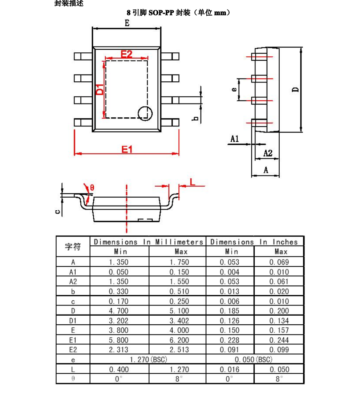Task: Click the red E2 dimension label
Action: coord(126,54)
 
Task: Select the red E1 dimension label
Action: coord(127,149)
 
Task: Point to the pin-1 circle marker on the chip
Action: coord(145,113)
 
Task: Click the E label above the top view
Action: coord(127,23)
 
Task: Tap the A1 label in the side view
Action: coord(235,138)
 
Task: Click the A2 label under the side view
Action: coord(268,153)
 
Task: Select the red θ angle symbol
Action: coord(92,187)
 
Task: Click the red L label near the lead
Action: coord(193,182)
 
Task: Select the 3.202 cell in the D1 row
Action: coord(118,321)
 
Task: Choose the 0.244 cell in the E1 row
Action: coord(279,340)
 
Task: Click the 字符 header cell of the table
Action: coord(73,247)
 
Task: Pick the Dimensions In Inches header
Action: coord(254,242)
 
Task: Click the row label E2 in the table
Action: coord(73,350)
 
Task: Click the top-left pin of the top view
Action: coord(83,56)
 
